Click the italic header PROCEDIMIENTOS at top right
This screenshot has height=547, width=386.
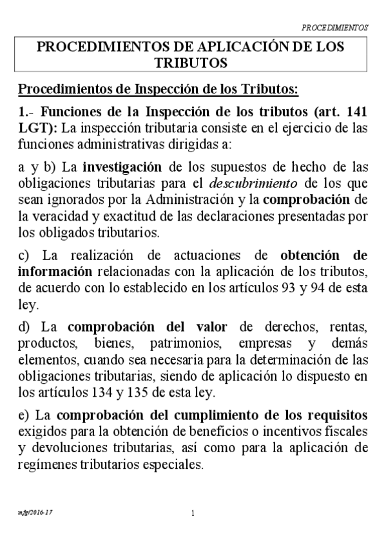point(334,28)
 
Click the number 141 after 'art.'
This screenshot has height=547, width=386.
point(356,110)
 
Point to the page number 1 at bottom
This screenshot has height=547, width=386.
point(193,514)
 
